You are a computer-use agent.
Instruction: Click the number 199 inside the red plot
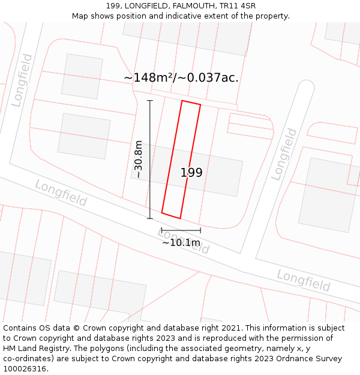pos(191,173)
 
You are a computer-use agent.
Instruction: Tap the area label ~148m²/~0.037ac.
pos(181,77)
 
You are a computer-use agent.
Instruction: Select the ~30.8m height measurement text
pos(139,160)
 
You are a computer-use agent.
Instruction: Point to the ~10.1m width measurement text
pos(181,242)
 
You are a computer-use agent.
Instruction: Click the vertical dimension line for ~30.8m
pos(150,160)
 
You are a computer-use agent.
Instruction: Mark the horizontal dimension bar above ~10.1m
pos(181,230)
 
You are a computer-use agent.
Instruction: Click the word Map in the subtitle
pos(80,16)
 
